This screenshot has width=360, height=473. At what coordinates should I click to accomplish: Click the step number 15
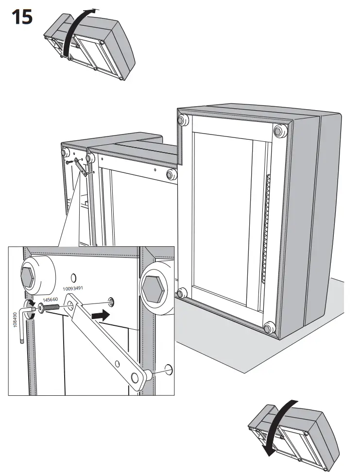click(22, 17)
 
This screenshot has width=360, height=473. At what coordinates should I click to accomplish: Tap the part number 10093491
click(73, 288)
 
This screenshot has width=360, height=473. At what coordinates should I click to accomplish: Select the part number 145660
click(51, 300)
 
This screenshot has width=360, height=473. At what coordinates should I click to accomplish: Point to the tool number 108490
click(15, 320)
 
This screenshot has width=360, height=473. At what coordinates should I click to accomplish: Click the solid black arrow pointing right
click(100, 316)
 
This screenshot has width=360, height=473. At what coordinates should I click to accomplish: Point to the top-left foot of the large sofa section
click(183, 120)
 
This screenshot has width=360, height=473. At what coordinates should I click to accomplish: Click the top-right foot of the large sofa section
click(279, 131)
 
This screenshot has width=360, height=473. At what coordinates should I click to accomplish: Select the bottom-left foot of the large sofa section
click(182, 293)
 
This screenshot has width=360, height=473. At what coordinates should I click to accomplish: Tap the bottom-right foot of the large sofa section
click(269, 327)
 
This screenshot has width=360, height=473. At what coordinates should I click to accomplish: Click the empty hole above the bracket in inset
click(73, 277)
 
